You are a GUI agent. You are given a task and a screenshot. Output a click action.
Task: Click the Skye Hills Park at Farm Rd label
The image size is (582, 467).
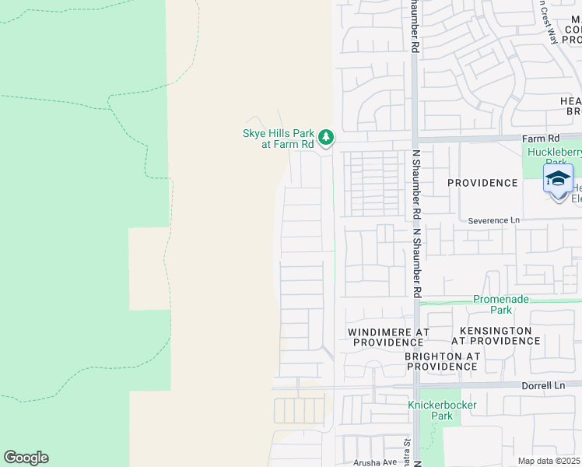point(279,139)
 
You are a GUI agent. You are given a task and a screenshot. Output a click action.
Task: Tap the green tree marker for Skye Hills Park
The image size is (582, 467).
point(327,139)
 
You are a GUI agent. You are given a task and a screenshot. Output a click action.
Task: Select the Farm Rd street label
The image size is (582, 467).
point(537,139)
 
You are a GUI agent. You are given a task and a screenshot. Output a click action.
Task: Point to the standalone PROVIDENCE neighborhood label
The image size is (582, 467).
point(482,183)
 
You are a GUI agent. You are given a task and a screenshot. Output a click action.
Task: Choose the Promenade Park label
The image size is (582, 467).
point(503,304)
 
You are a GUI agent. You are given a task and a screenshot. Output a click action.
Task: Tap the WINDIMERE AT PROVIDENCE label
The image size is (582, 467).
point(388,337)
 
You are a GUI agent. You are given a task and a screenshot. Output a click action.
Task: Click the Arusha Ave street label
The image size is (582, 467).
point(375,462)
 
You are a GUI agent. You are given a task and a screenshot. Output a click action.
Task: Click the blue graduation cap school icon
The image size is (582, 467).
point(558,179)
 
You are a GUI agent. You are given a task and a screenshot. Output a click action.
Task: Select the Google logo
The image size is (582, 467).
point(26,458)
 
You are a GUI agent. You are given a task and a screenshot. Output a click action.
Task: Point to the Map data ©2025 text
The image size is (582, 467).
point(549,461)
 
